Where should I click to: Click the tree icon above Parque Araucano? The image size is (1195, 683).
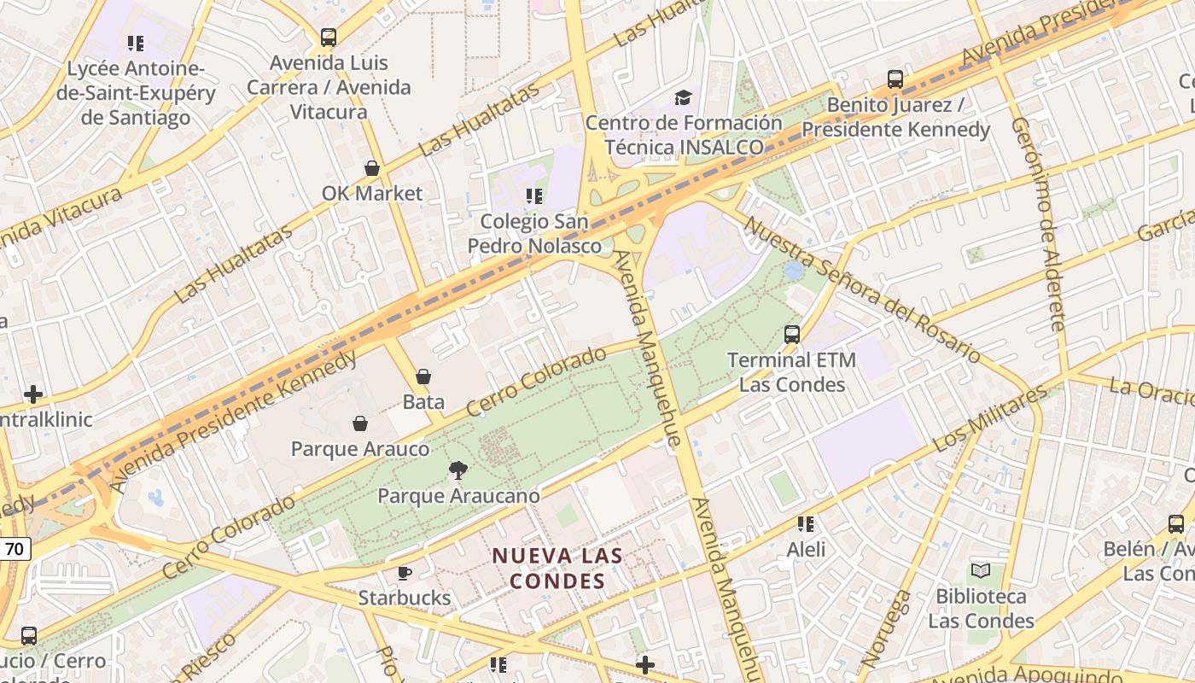point(458,470)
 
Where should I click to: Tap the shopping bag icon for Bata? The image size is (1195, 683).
point(423,376)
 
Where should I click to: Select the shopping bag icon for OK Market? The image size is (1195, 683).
point(372,168)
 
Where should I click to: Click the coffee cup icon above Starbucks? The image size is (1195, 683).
point(405,572)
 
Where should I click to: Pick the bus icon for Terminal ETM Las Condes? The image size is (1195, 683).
point(792,335)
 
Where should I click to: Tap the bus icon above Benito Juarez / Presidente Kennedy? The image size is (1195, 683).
point(895,79)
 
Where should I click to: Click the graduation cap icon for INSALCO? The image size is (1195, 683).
point(683,97)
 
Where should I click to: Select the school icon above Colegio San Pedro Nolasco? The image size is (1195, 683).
point(534,196)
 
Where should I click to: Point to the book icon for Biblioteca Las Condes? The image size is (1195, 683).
point(981,570)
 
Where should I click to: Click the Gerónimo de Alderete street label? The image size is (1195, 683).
point(1039,224)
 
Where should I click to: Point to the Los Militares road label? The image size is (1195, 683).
point(990,419)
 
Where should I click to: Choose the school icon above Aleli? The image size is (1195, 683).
point(806,523)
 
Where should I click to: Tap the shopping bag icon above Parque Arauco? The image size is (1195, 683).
point(360,423)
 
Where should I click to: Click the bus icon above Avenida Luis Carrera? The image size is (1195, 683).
point(329,38)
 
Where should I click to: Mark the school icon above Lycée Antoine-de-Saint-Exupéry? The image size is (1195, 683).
point(135,42)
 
